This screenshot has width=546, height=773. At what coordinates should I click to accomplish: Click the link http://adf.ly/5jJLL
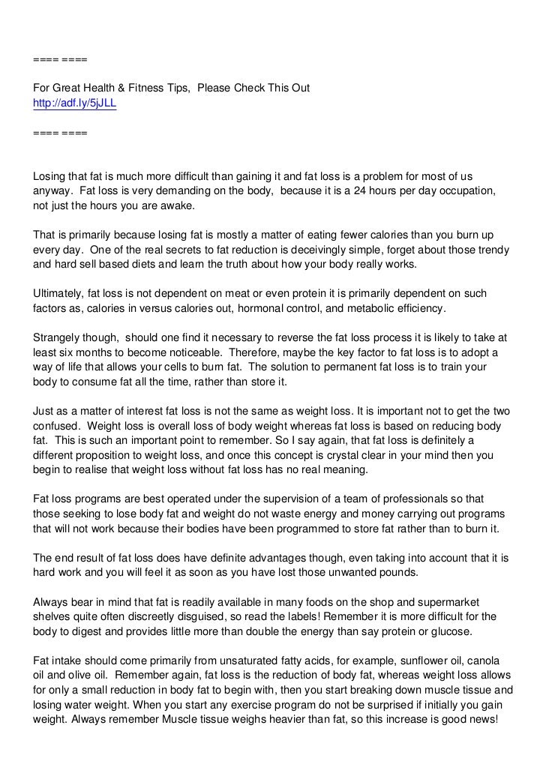75,104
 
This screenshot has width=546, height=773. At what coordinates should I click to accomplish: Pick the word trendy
491,248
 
